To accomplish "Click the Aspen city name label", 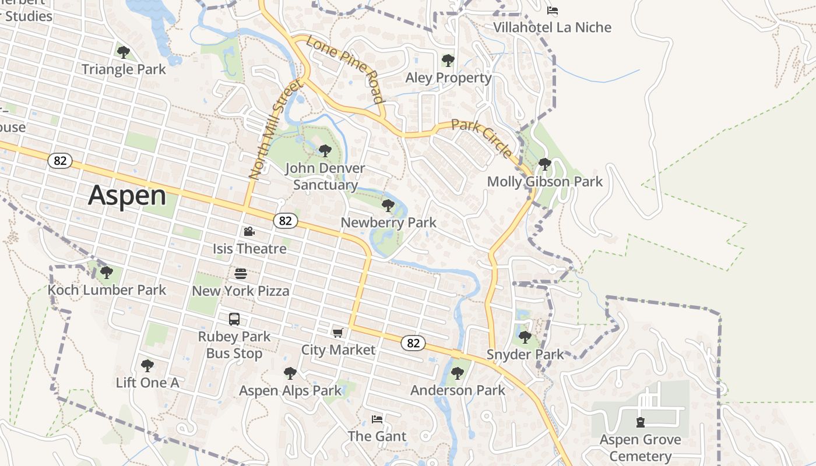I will pos(127,196).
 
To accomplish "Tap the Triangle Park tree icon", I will pos(123,52).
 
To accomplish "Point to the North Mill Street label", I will pos(276,129).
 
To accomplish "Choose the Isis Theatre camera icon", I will pos(249,231).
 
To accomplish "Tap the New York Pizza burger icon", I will pos(241,273).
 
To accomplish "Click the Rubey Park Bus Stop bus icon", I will pos(234,319).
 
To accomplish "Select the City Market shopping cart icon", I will pos(337,333).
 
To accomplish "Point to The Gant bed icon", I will pos(377,419).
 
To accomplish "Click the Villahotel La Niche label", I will pos(553,27).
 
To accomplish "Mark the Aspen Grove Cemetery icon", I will pos(641,422).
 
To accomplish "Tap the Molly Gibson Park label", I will pos(545,182).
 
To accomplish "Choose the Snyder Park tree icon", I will pos(525,337).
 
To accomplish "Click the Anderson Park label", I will pos(458,390).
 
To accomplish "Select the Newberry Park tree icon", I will pos(388,205).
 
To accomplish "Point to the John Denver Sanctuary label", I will pos(325,176).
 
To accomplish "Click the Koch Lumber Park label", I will pos(107,290).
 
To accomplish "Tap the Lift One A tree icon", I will pos(147,365).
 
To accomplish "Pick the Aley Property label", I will pos(448,78).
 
